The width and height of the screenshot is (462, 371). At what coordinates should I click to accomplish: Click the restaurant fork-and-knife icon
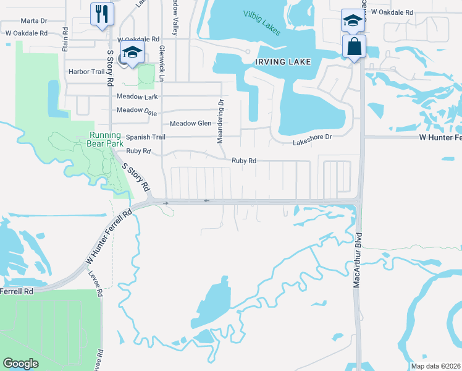point(102,14)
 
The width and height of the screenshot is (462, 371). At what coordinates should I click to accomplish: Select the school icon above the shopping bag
point(351,20)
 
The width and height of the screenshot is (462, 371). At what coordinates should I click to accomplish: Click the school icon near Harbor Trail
point(132,53)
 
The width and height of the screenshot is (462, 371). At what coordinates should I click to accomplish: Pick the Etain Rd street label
point(64,44)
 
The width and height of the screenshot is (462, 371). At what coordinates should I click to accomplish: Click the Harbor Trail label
point(87,72)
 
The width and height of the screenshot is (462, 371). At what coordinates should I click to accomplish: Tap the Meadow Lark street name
point(137,96)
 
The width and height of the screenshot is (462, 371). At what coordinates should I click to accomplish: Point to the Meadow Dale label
point(137,110)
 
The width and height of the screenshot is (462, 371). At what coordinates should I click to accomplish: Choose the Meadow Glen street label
point(190,123)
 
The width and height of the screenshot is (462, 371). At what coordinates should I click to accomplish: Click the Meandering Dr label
point(219,121)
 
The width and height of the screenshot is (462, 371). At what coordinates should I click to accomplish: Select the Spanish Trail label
point(146,137)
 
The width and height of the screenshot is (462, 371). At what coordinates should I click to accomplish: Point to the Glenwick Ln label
point(162,63)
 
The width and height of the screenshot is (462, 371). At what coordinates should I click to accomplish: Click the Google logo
point(20,364)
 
